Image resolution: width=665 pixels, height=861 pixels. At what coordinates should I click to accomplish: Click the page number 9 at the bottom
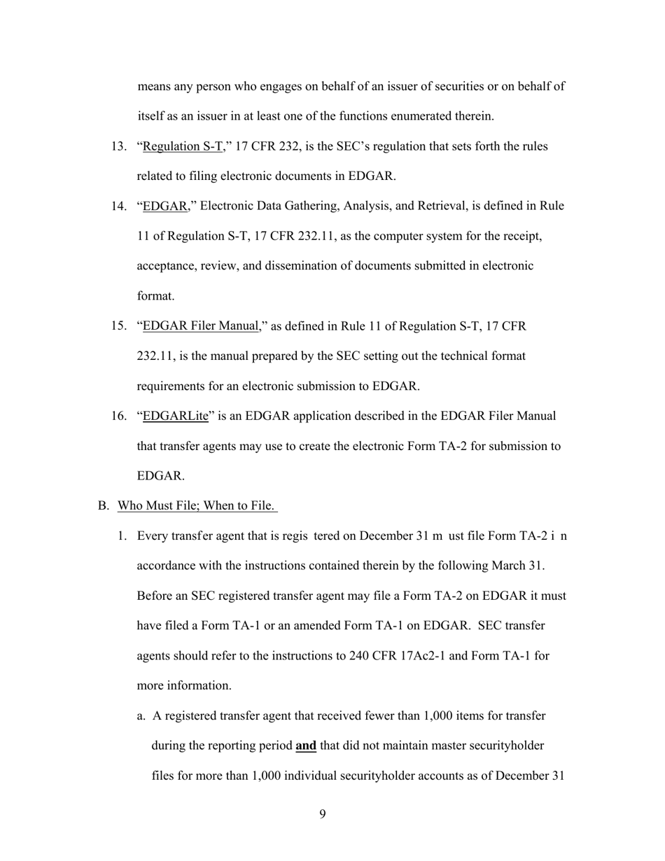323,813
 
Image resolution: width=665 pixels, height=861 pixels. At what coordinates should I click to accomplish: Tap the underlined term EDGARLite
176,416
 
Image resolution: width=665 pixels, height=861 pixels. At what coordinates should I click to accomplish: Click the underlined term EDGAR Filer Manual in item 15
201,326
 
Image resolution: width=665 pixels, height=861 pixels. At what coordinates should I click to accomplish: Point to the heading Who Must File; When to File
197,505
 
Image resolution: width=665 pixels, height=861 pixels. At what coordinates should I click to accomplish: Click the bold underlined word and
306,745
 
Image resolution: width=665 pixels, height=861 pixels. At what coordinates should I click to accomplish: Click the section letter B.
103,505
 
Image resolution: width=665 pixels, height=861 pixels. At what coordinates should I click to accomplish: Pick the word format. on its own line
155,296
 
